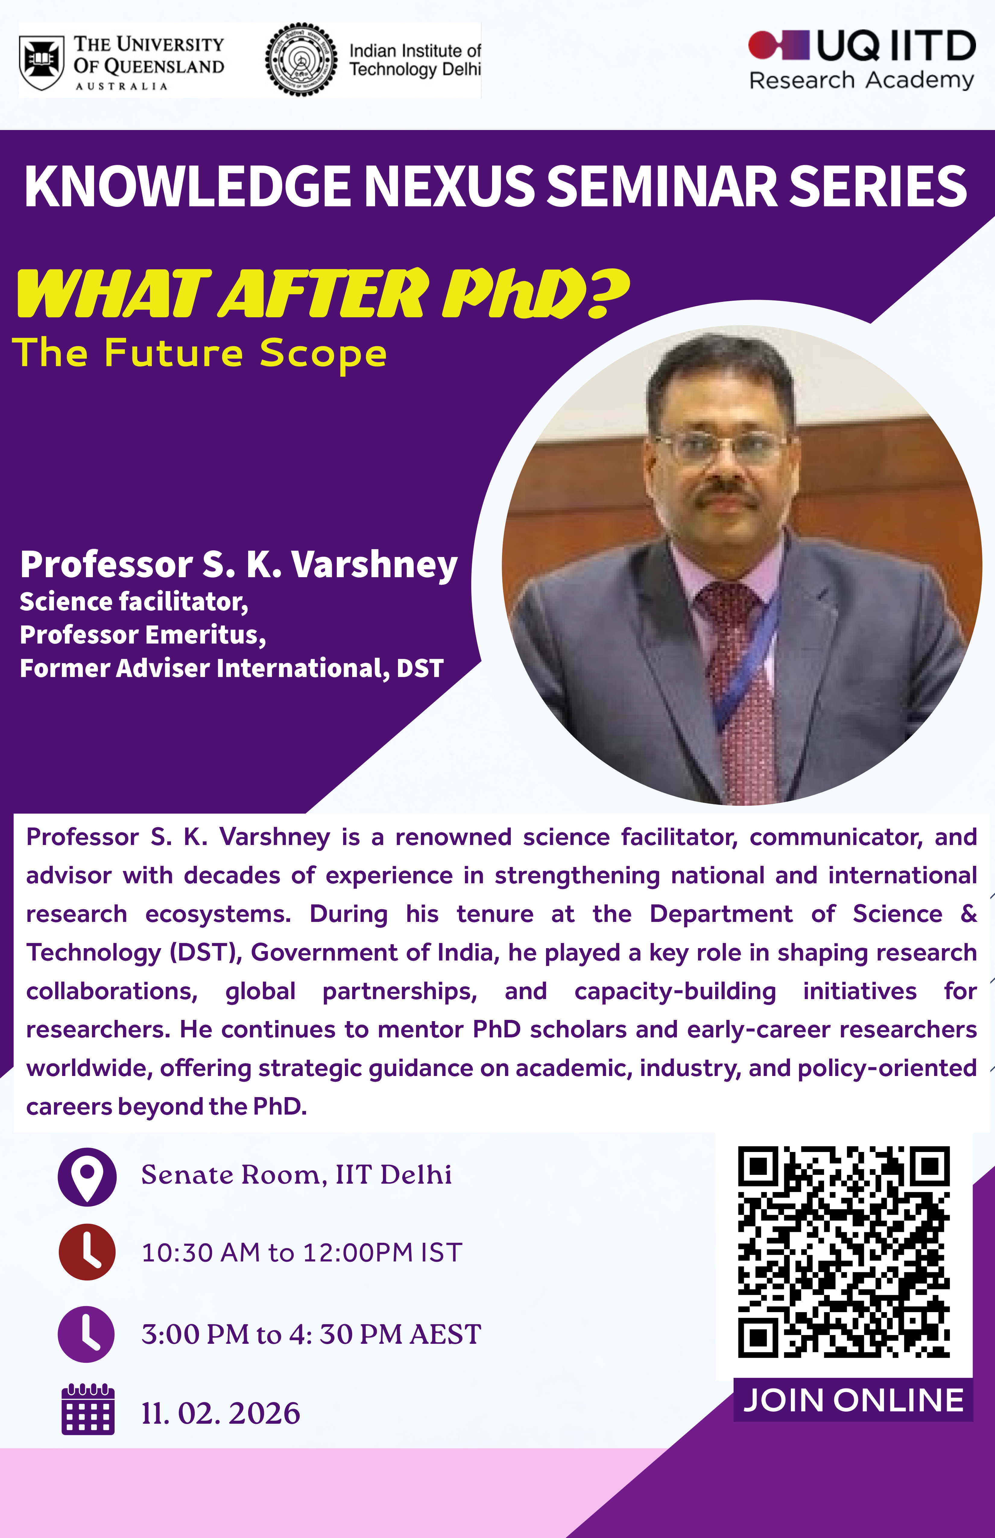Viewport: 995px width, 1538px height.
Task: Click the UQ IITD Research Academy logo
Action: [x=861, y=60]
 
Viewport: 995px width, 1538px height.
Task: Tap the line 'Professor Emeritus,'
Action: [x=143, y=635]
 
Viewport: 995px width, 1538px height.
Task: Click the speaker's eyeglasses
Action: [x=721, y=446]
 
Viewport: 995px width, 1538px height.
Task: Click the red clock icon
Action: [x=87, y=1252]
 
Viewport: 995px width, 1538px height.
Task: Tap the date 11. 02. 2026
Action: [x=221, y=1413]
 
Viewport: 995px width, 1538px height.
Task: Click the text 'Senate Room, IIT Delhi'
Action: [x=297, y=1175]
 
